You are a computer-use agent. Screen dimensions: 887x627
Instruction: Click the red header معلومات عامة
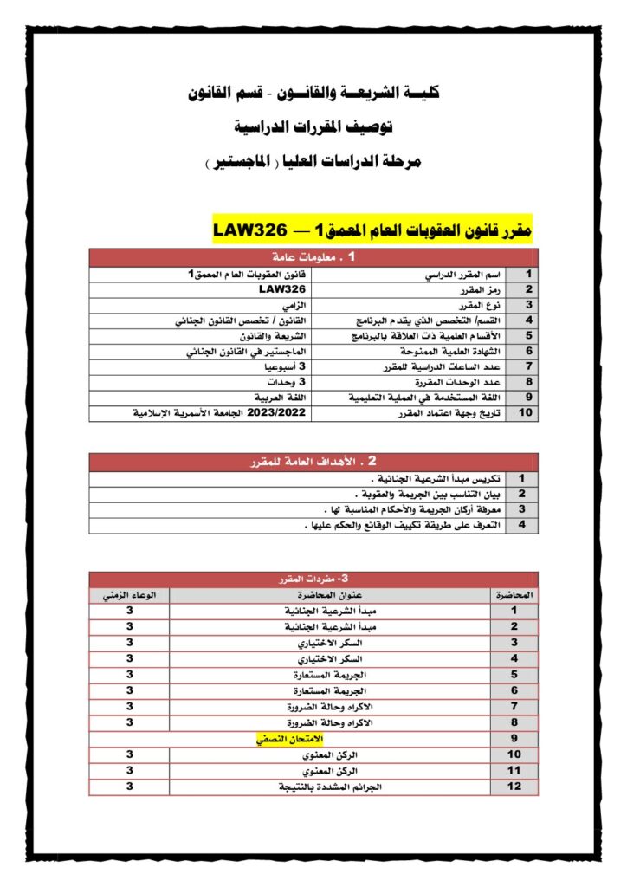coord(313,257)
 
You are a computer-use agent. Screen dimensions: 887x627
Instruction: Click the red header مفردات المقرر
coord(313,578)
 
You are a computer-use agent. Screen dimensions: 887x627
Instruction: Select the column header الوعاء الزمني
coord(129,595)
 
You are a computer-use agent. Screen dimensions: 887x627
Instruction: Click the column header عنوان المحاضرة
coord(330,595)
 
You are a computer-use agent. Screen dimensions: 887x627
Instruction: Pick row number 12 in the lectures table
coord(514,787)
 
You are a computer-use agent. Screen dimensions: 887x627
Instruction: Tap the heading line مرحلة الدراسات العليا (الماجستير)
coord(313,162)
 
